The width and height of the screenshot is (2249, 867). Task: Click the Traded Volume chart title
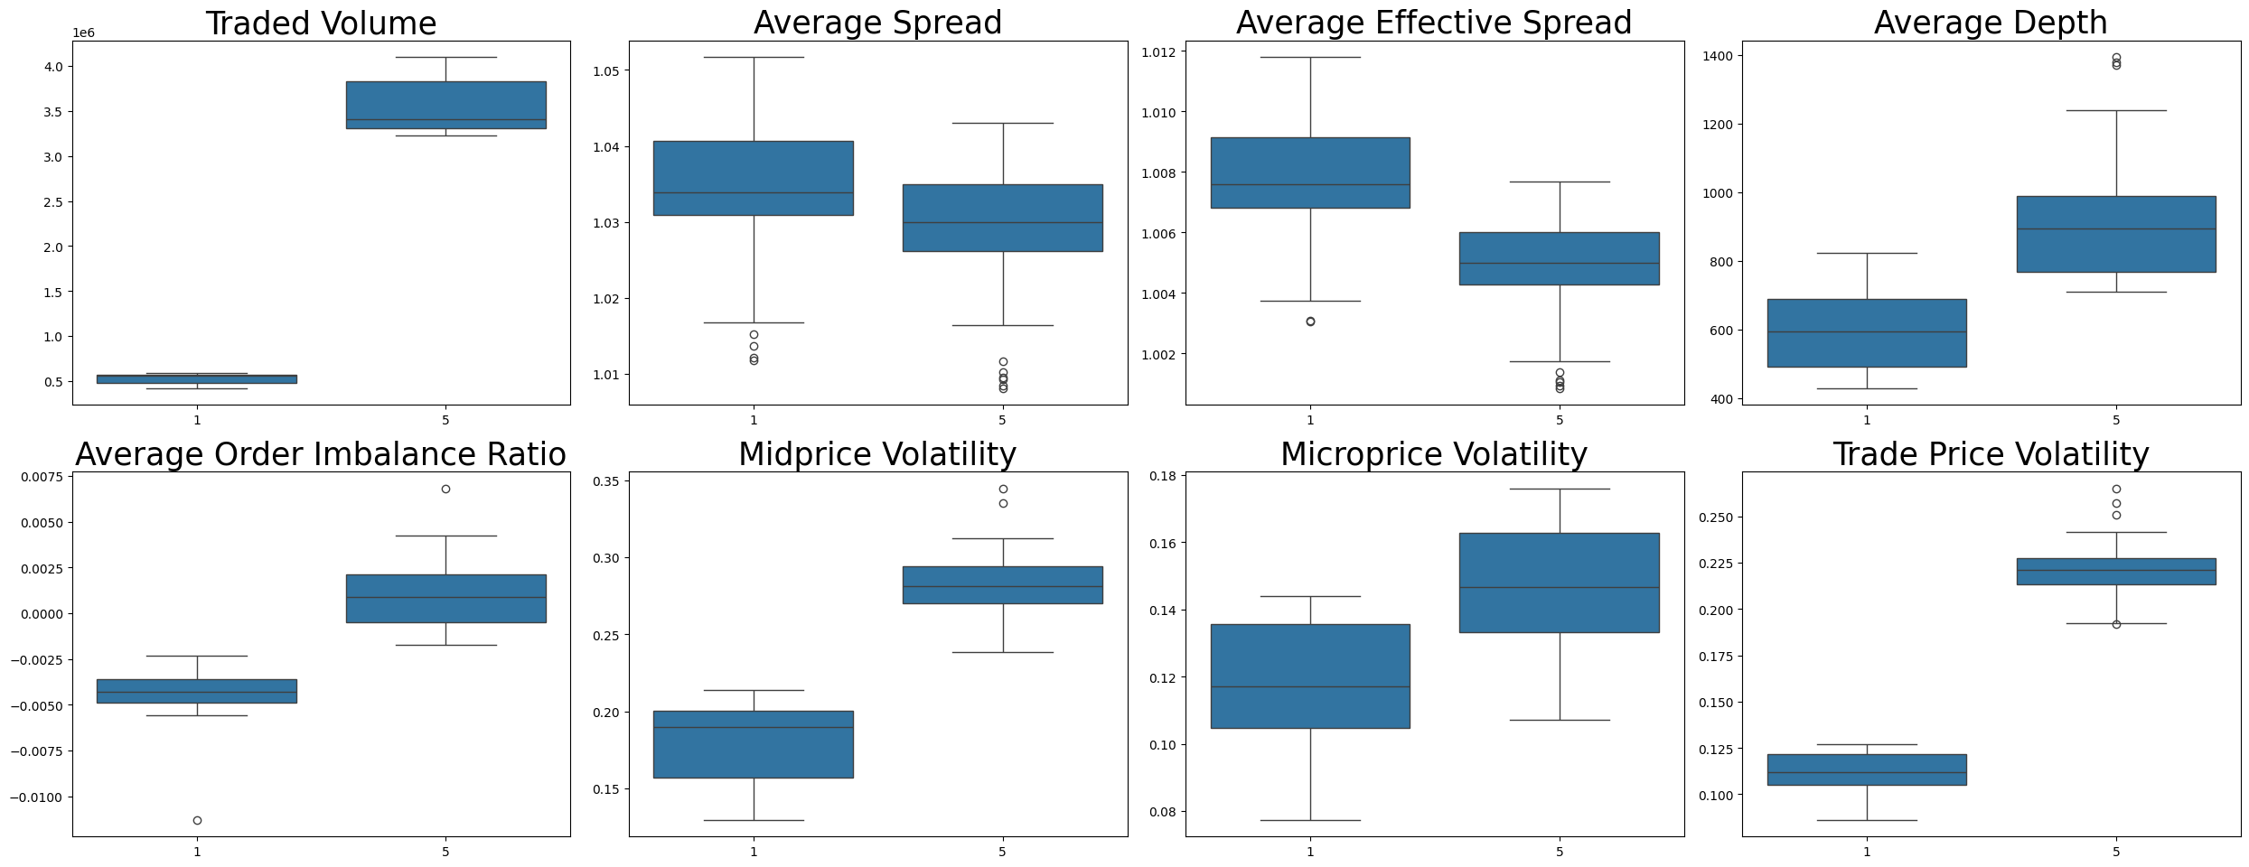point(321,23)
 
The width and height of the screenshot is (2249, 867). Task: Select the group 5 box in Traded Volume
point(445,105)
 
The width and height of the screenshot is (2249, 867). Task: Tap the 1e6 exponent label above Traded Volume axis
point(83,33)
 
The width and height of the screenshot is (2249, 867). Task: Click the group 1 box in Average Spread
point(753,178)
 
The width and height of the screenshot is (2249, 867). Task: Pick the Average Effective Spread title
point(1433,23)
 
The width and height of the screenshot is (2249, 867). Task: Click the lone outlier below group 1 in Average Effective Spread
point(1309,322)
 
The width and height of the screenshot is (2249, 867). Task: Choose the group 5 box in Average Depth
point(2115,234)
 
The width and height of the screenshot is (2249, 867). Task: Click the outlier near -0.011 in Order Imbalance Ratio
point(197,820)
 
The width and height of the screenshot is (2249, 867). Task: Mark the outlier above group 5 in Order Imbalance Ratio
point(445,489)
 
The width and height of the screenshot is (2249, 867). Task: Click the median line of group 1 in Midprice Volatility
point(753,727)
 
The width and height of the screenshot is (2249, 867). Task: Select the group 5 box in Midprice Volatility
point(1002,584)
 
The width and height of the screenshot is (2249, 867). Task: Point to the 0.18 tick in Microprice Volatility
point(1161,476)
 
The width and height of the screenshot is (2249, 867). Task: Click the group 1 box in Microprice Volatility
point(1309,676)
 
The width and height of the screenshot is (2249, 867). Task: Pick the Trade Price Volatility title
point(1990,454)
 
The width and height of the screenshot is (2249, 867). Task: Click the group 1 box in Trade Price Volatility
point(1866,769)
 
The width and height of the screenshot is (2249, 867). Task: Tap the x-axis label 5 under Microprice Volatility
point(1559,851)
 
